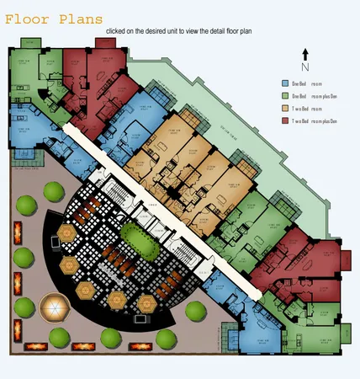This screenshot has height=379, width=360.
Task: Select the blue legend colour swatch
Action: (284, 83)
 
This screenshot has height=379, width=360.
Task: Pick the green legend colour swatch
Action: (284, 96)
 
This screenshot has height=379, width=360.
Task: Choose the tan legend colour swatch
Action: (284, 109)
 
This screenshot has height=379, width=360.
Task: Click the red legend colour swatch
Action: (284, 121)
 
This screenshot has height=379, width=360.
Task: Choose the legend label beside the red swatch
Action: (316, 121)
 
